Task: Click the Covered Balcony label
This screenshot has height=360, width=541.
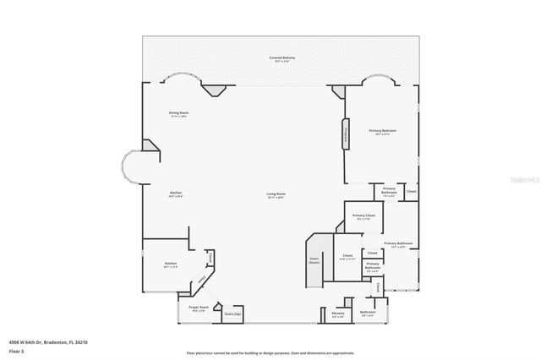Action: (x=282, y=59)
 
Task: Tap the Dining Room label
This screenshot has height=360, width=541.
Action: (x=178, y=114)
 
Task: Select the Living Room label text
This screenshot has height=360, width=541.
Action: (x=276, y=195)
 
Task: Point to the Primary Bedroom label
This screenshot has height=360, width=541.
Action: (x=382, y=132)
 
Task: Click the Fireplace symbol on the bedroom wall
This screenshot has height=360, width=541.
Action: (x=345, y=134)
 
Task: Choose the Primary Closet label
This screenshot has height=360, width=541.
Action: (x=363, y=216)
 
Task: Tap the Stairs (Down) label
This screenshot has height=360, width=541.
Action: (x=314, y=260)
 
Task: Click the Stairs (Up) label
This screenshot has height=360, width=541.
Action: (x=232, y=314)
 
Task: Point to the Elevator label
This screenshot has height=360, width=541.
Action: (x=338, y=314)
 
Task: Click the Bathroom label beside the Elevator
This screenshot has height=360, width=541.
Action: (x=368, y=313)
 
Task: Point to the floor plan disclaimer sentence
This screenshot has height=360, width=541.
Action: (x=282, y=353)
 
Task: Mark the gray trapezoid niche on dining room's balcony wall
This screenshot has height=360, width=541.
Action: (x=216, y=89)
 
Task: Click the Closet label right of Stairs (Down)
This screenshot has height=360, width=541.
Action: (x=347, y=256)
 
